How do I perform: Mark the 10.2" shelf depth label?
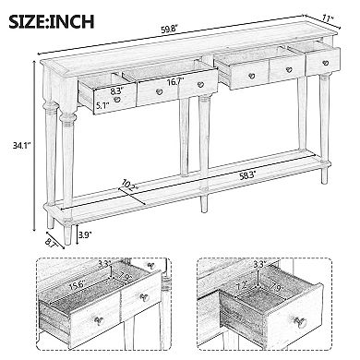[x=135, y=187]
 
